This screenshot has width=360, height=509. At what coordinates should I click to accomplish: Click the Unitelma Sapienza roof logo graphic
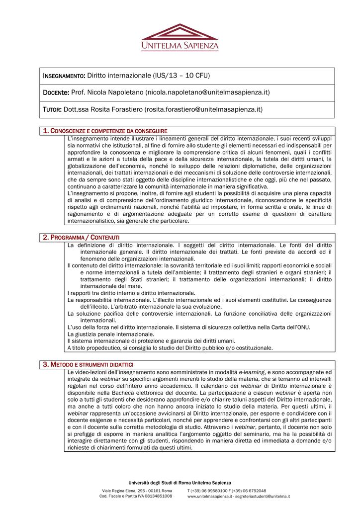tap(180, 31)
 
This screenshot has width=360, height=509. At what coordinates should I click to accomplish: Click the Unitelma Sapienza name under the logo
tap(180, 46)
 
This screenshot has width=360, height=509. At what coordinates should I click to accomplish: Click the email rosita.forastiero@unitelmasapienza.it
tap(203, 109)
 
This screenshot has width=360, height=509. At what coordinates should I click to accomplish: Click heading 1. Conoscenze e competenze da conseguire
tap(105, 131)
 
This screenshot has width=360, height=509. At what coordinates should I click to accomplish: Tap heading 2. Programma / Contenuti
tap(81, 238)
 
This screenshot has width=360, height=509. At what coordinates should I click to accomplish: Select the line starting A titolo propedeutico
tap(170, 348)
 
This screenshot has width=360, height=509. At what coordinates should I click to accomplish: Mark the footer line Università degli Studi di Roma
tap(180, 483)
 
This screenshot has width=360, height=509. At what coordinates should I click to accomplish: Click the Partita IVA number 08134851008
tap(154, 496)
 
